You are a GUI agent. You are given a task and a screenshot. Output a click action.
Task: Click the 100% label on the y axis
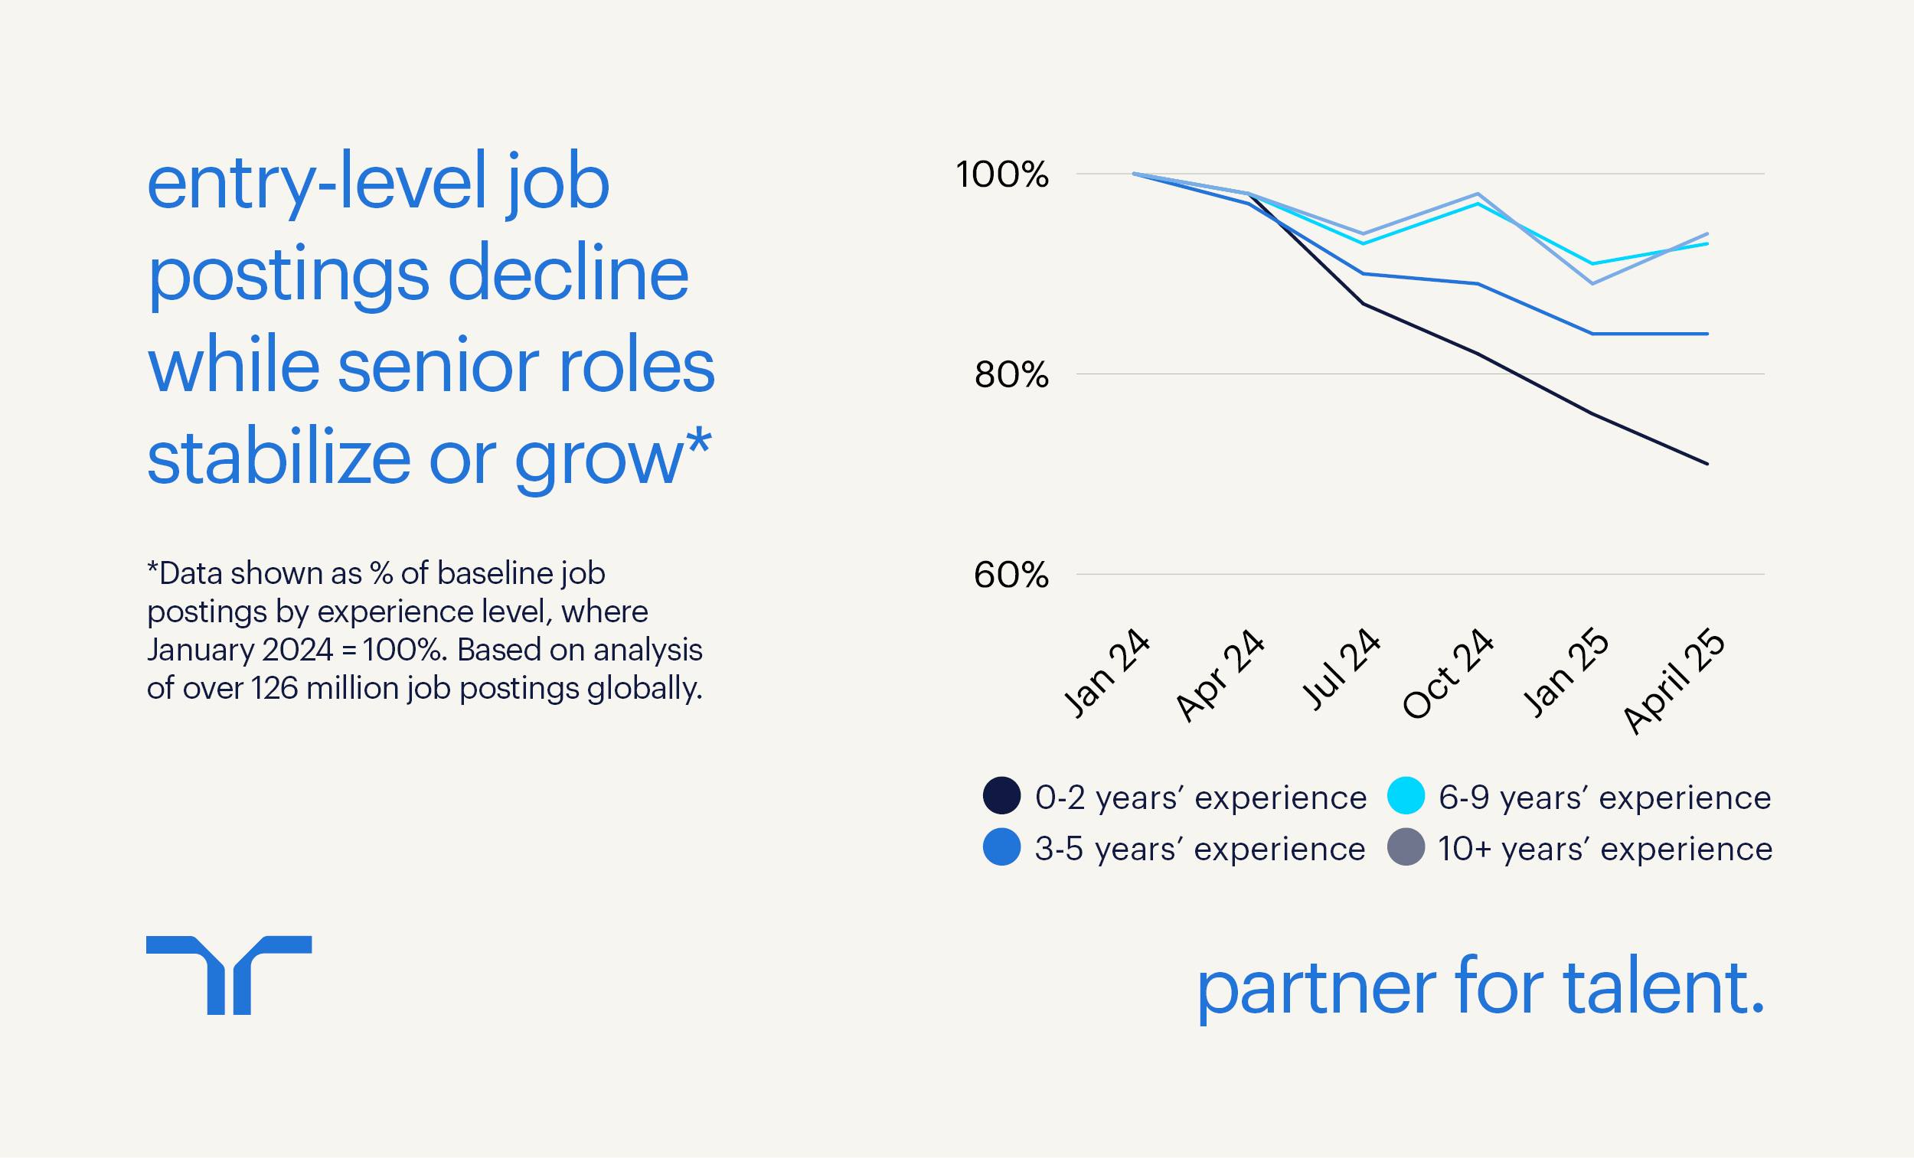pyautogui.click(x=1001, y=174)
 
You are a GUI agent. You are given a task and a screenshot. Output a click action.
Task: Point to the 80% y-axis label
pyautogui.click(x=1011, y=374)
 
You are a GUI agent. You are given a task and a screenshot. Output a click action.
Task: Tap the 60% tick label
pyautogui.click(x=1011, y=575)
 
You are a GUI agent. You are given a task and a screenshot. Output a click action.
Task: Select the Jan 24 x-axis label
pyautogui.click(x=1106, y=672)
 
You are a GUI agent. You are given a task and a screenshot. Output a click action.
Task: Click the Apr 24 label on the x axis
pyautogui.click(x=1219, y=674)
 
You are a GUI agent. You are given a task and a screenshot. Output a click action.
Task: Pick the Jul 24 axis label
pyautogui.click(x=1340, y=669)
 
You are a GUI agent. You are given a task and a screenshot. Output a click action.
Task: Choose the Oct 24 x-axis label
pyautogui.click(x=1447, y=673)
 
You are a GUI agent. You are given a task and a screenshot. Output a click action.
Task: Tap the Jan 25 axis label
pyautogui.click(x=1564, y=672)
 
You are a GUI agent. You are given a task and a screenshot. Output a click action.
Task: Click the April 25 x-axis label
pyautogui.click(x=1673, y=680)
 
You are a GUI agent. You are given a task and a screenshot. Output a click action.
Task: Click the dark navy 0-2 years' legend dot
pyautogui.click(x=1001, y=795)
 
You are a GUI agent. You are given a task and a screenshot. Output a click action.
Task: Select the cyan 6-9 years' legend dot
pyautogui.click(x=1405, y=795)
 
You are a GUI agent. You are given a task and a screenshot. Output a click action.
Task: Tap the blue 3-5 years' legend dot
pyautogui.click(x=1001, y=846)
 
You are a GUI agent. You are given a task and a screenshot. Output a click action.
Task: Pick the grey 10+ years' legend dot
pyautogui.click(x=1405, y=846)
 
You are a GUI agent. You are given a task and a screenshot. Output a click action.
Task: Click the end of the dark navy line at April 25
pyautogui.click(x=1707, y=464)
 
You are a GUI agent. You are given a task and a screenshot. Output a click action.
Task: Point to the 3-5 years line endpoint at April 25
pyautogui.click(x=1707, y=334)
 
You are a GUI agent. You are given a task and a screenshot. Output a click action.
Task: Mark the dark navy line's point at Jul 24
pyautogui.click(x=1364, y=304)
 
